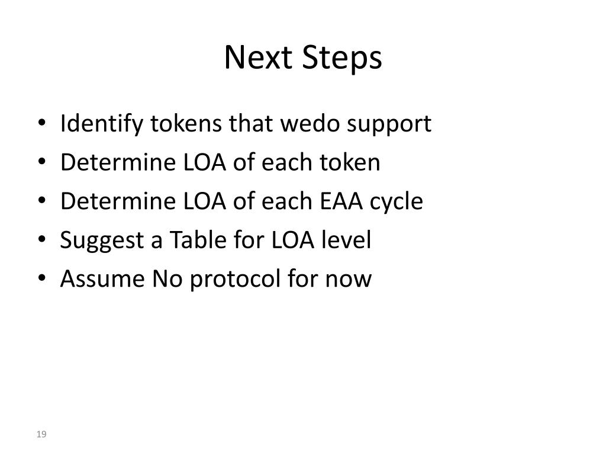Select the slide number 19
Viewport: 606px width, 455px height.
41,435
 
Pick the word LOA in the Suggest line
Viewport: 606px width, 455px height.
292,240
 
